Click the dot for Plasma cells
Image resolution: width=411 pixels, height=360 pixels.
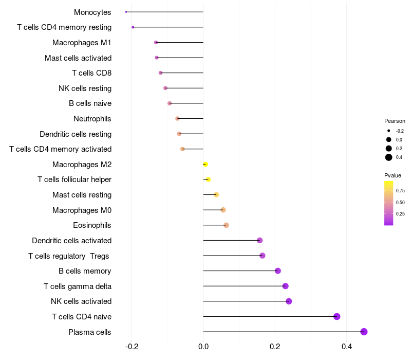(x=364, y=332)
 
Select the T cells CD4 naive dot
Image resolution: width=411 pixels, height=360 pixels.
(x=337, y=316)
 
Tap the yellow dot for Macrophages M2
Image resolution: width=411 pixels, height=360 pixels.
(x=206, y=164)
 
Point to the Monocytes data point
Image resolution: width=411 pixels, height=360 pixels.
(x=126, y=12)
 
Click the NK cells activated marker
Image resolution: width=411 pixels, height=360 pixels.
(x=289, y=301)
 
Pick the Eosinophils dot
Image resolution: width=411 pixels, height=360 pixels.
(x=226, y=225)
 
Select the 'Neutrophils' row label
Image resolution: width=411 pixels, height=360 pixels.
(x=92, y=119)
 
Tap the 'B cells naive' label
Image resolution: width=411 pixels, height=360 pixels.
(x=90, y=103)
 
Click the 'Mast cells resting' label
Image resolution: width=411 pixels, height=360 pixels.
(x=82, y=195)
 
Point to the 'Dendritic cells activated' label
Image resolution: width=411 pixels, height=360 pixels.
(x=71, y=241)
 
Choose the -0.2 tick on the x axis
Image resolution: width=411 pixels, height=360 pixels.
(x=132, y=346)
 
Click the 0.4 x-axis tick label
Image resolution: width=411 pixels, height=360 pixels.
(x=347, y=346)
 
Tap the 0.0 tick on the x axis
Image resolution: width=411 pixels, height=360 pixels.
(x=203, y=346)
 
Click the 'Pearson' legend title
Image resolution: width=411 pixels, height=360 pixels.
(x=395, y=121)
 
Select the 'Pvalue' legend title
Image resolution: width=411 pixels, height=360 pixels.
(x=393, y=175)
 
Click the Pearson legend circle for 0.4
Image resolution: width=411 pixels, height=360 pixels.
(x=389, y=157)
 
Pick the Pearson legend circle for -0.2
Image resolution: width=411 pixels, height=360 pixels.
(x=389, y=131)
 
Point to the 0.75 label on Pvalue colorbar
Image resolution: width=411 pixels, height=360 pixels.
(x=400, y=190)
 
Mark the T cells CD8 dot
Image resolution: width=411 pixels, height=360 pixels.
(x=161, y=73)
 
